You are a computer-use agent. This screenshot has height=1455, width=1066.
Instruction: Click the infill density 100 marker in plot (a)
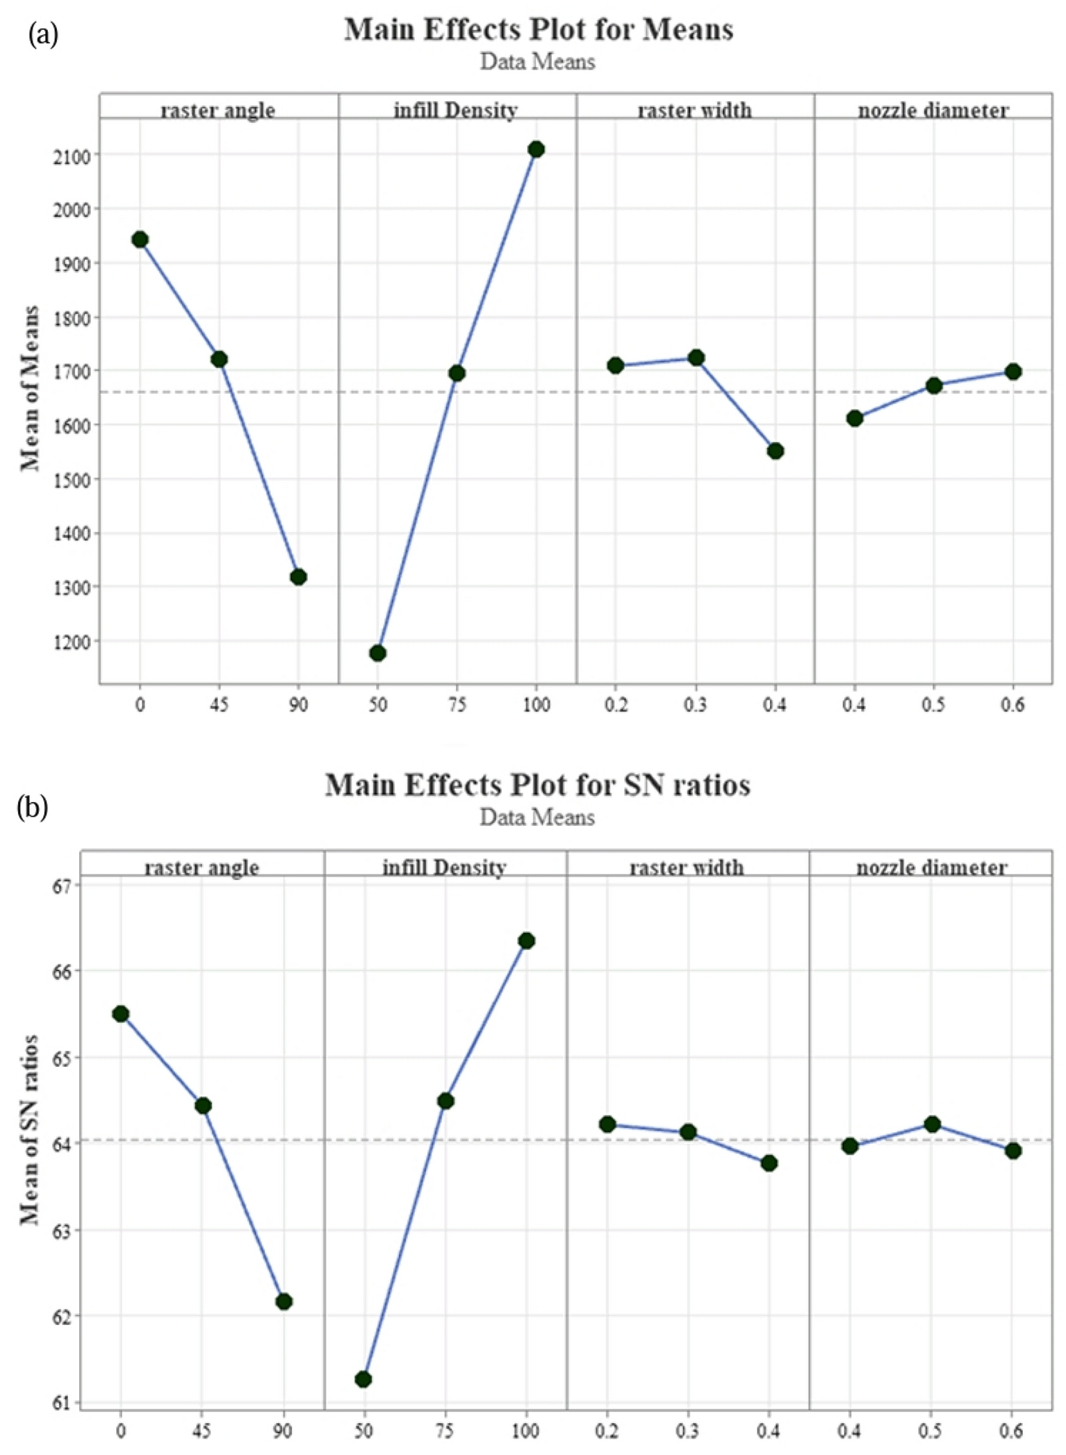coord(536,149)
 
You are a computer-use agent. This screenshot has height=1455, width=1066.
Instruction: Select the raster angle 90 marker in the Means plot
coord(298,577)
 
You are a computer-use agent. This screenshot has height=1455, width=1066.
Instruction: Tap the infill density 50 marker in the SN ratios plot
coord(363,1379)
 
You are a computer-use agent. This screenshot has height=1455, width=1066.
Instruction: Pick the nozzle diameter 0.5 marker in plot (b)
coord(932,1124)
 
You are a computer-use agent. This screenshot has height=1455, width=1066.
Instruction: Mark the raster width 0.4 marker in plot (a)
coord(776,451)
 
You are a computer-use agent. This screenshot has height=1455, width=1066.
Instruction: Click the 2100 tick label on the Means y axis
coord(72,156)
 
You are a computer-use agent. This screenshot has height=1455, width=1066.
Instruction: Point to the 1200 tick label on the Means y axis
coord(72,642)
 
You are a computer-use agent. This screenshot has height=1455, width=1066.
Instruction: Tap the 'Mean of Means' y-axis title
coord(29,389)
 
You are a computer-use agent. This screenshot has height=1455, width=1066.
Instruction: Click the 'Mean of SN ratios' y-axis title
coord(29,1130)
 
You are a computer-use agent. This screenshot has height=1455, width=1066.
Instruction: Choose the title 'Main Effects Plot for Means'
coord(539,30)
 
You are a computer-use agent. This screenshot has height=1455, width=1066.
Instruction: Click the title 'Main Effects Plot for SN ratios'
coord(537,785)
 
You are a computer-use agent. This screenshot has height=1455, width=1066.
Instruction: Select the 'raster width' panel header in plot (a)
coord(694,110)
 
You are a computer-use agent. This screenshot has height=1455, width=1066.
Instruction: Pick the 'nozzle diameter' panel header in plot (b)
coord(931,867)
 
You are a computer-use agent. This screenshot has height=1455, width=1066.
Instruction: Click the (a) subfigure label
coord(43,34)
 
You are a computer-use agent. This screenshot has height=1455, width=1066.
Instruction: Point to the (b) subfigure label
coord(33,807)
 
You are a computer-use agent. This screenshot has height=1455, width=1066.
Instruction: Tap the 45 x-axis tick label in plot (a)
coord(219,705)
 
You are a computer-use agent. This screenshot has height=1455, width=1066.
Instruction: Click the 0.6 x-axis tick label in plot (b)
coord(1012,1431)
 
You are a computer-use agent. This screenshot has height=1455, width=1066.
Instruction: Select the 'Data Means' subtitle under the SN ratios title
coord(537,817)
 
